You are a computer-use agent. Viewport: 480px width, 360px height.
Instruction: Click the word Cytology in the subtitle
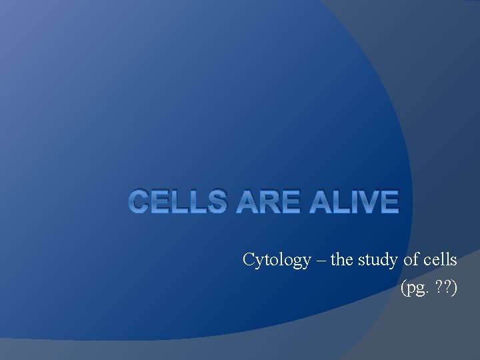pos(277,259)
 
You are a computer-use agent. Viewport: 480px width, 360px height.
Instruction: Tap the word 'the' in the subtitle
pos(341,259)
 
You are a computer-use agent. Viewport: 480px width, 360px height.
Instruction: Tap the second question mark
pos(446,288)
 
